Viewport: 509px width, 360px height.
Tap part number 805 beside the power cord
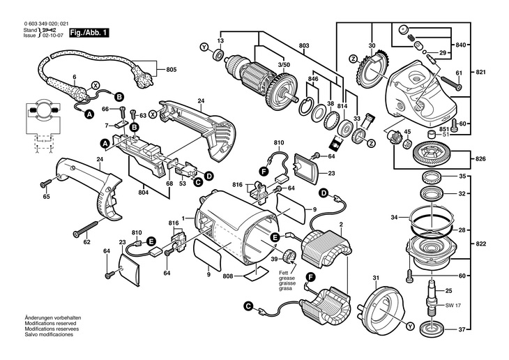(x=172, y=69)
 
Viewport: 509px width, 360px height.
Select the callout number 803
(x=304, y=45)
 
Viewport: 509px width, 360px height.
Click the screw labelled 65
(x=45, y=183)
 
